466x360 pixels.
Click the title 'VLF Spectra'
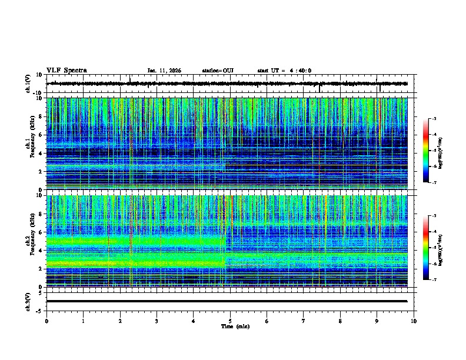coord(66,71)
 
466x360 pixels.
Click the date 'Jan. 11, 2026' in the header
coord(164,71)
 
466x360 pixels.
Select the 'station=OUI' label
coord(218,71)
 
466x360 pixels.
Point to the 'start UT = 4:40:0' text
coord(284,71)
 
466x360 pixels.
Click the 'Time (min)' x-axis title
coord(235,326)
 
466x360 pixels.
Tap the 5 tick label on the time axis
coord(230,321)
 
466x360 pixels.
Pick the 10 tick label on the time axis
coord(414,321)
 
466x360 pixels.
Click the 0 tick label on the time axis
coord(46,321)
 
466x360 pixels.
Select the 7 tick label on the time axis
coord(304,321)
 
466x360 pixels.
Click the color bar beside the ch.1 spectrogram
coord(426,151)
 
